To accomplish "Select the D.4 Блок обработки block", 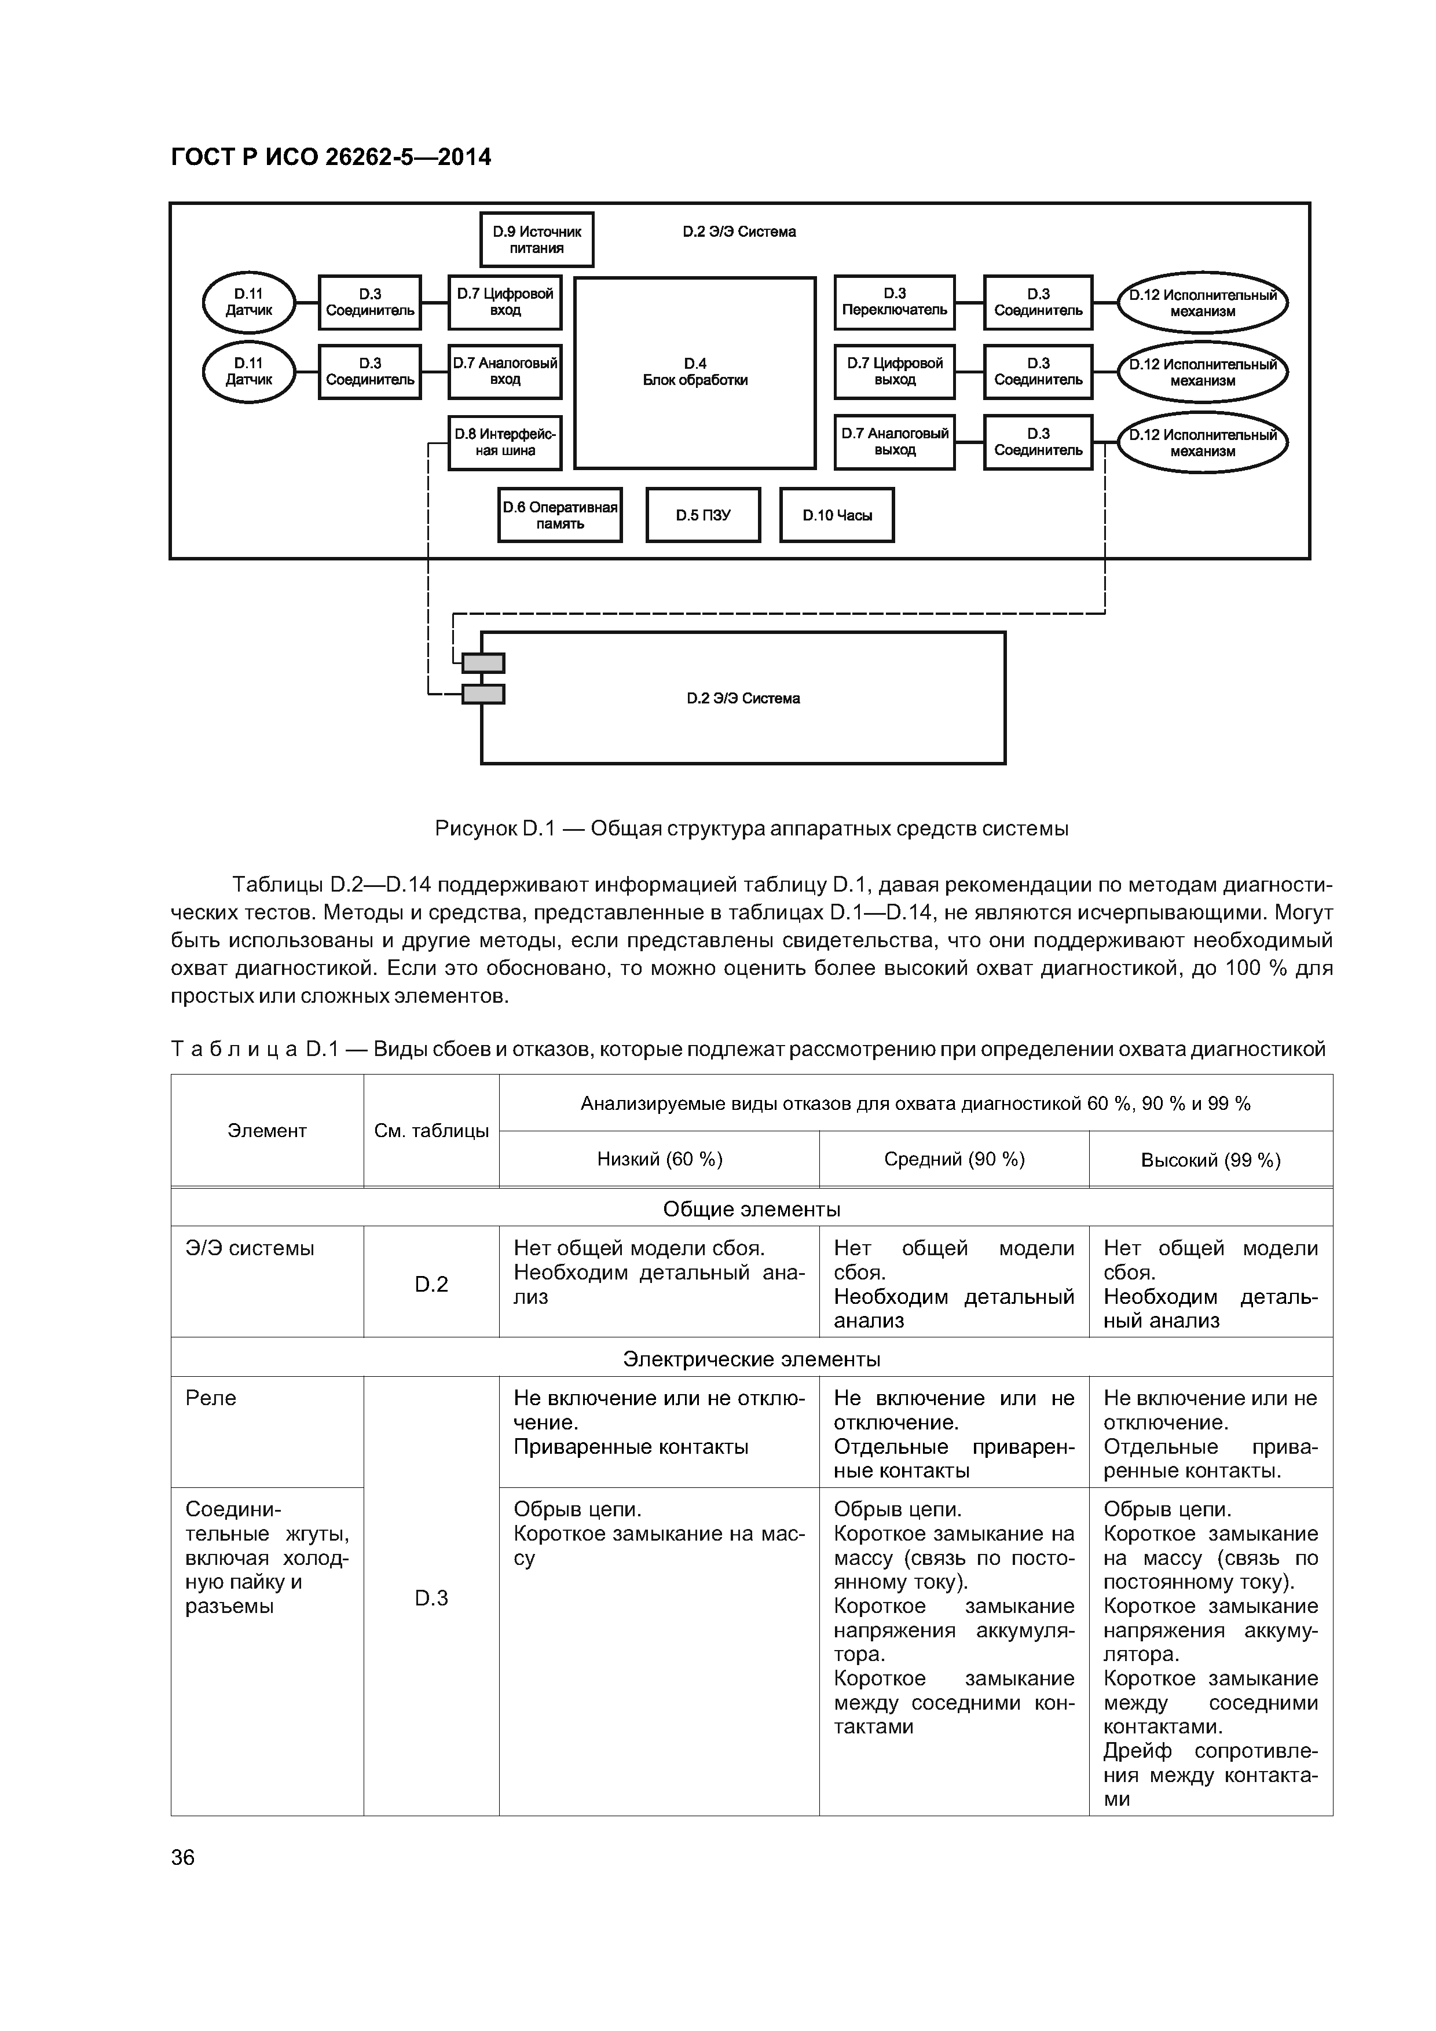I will (x=695, y=372).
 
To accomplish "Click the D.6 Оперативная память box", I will (x=559, y=515).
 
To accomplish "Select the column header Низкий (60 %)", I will (x=659, y=1159).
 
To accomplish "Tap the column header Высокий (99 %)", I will (x=1210, y=1160).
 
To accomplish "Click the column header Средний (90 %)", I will (x=954, y=1159).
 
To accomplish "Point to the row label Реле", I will (x=211, y=1398).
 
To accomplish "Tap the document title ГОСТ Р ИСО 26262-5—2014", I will (x=331, y=157).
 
